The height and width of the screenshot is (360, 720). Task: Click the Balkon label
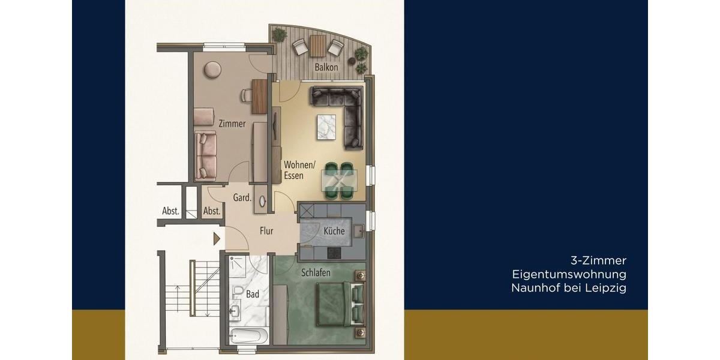click(327, 68)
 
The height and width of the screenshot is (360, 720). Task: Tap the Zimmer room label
click(232, 124)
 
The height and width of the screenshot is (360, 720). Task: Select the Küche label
click(334, 231)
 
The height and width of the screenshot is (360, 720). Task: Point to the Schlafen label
click(316, 272)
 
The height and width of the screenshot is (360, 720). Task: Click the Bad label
click(253, 294)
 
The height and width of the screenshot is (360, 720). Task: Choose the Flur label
click(266, 230)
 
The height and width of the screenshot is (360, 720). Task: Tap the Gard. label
click(242, 197)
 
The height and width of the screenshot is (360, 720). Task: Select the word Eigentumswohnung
click(569, 274)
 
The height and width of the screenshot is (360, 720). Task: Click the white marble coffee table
click(328, 127)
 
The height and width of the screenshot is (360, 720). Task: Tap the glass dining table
click(341, 179)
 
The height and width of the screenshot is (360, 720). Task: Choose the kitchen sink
click(358, 229)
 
